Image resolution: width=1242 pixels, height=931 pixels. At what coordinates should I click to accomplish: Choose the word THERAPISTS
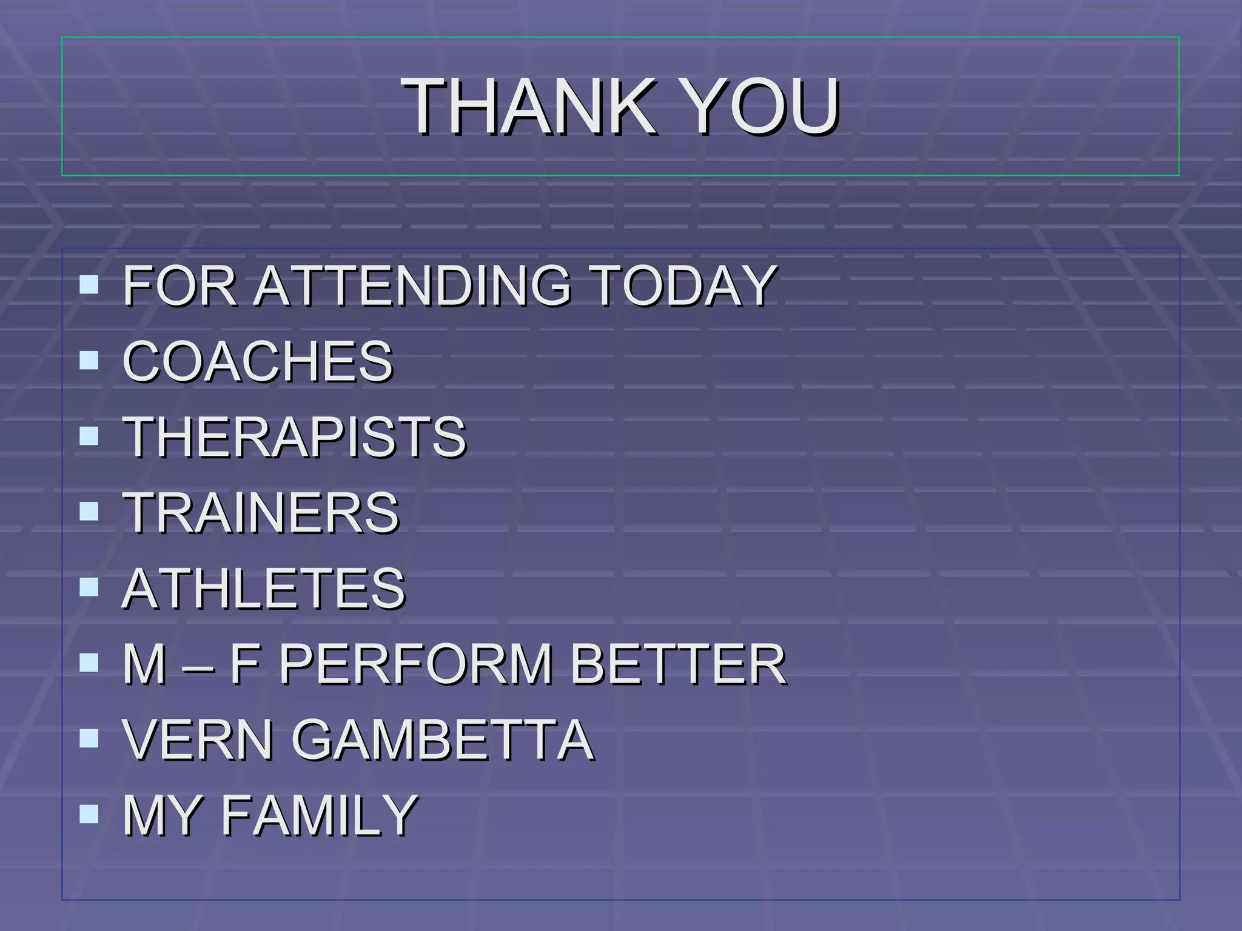(x=295, y=436)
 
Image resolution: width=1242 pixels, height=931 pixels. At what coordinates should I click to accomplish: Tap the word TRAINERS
(x=261, y=512)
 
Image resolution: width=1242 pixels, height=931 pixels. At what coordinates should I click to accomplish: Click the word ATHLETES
(x=264, y=588)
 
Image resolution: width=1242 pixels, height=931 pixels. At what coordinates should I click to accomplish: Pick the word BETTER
(x=678, y=664)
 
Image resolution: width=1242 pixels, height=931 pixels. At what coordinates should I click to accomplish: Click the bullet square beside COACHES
(x=89, y=361)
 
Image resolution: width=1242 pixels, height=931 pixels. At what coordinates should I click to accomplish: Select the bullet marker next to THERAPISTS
(x=89, y=436)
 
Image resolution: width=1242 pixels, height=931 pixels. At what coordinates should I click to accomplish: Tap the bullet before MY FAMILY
(x=89, y=814)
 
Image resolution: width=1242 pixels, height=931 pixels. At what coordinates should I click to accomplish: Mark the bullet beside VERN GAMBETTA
(x=89, y=738)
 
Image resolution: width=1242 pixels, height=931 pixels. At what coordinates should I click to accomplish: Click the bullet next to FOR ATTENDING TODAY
(x=89, y=284)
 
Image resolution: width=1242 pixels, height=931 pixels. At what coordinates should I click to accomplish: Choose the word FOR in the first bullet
(x=180, y=285)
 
